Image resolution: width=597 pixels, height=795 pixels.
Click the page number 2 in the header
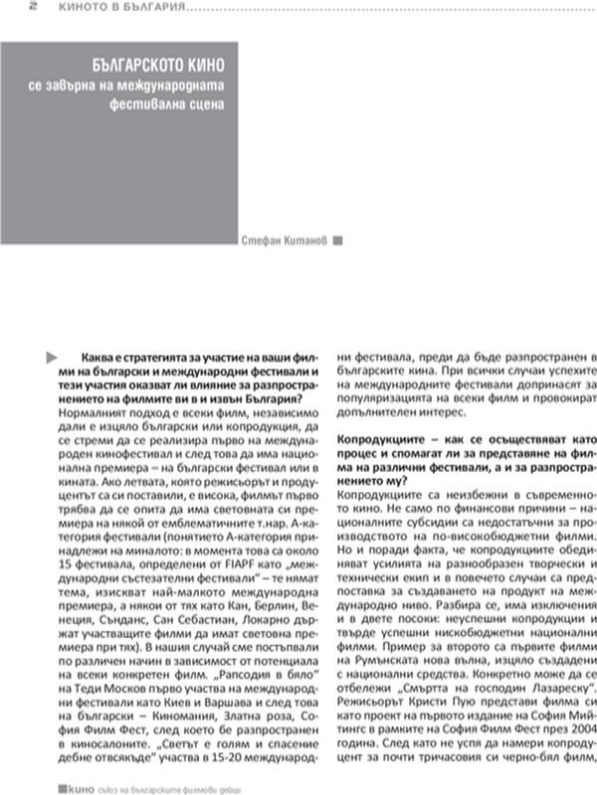(6, 6)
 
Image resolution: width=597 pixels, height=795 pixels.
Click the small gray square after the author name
(338, 239)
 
